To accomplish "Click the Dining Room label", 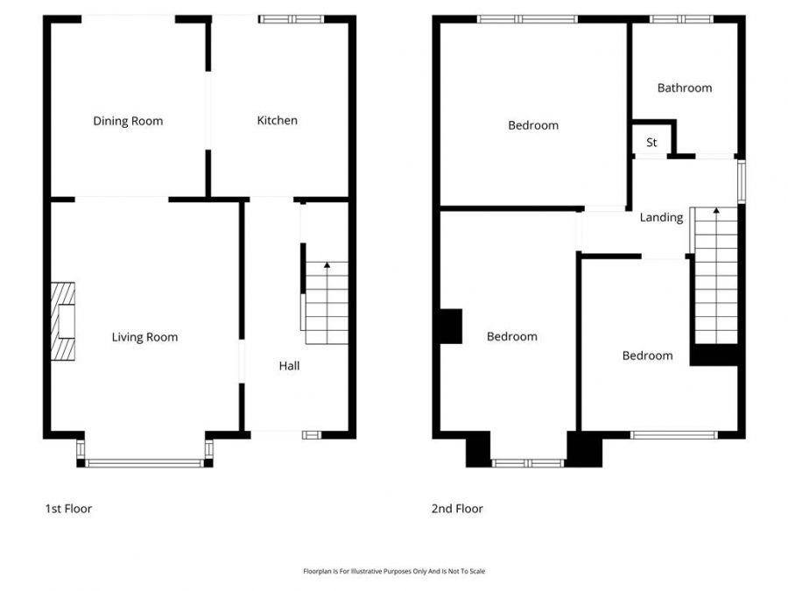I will click(x=128, y=121).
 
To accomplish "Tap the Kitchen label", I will click(x=277, y=120).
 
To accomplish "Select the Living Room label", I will click(x=144, y=337).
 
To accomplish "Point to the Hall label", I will click(x=289, y=366).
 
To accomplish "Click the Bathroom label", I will click(x=685, y=88).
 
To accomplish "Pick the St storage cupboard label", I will click(x=651, y=143).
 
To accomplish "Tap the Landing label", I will click(x=661, y=217).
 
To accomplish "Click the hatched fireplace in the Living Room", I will click(x=63, y=321).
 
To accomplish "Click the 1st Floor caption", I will click(x=68, y=509).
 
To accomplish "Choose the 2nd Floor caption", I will click(x=456, y=509).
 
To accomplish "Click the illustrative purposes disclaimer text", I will click(x=393, y=571).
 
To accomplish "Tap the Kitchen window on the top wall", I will click(x=292, y=18).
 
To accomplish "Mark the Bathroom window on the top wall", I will click(x=681, y=18).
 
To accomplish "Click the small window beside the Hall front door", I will click(x=312, y=434).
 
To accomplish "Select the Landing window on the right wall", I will click(x=741, y=181).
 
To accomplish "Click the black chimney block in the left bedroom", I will click(x=450, y=326).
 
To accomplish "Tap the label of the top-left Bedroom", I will click(x=533, y=125).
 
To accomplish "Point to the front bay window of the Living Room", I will click(x=144, y=463).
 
